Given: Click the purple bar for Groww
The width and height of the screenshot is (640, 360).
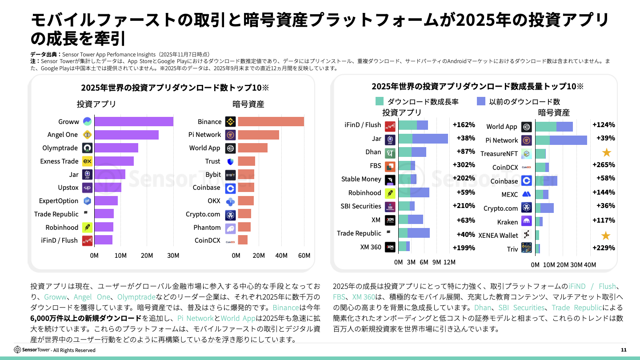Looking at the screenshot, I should pos(133,121).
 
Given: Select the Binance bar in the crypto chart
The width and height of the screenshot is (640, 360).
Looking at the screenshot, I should pos(271,121).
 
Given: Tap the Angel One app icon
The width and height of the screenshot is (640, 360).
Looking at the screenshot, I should pos(87,135).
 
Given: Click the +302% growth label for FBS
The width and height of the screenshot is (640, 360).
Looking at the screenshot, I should pos(464,165).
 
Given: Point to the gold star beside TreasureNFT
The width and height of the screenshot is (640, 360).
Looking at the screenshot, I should pos(606,153).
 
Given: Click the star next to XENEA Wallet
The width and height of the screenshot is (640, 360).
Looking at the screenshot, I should pos(605,236).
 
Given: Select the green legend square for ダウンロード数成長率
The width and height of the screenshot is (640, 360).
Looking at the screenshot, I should pos(380,101).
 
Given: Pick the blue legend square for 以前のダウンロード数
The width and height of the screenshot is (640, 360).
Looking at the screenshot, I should pos(481,101).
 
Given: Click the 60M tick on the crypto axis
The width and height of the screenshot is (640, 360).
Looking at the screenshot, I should pos(304,256).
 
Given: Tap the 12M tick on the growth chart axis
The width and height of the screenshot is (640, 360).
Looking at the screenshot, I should pos(449,262).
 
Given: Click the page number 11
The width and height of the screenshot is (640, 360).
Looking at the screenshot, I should pos(624,350).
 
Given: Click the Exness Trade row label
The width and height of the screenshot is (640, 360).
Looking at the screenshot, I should pos(59,161).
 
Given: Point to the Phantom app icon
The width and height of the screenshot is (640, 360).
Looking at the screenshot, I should pos(230,228).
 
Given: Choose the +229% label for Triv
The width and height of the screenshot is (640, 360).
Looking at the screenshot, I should pos(604,248).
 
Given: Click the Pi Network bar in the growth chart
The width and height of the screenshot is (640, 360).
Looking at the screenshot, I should pos(561,140).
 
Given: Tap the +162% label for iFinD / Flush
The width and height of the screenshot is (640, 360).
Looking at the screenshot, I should pos(464,125).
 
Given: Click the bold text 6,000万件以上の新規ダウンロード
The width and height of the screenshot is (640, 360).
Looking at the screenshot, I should pos(86,318).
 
